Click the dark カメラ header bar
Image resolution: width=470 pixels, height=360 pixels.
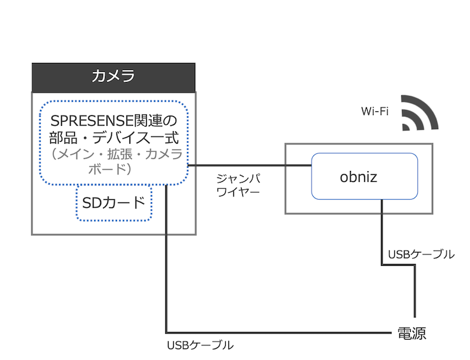pos(114,77)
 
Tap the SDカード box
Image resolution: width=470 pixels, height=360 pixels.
pos(114,203)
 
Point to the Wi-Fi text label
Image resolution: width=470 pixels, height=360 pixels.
pos(375,112)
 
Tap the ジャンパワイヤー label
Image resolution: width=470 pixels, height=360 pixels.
pos(238,185)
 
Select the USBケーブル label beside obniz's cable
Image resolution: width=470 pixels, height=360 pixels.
pos(421,254)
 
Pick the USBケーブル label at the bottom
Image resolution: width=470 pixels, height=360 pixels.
pos(200,346)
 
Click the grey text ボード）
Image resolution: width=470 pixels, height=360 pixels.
pos(114,169)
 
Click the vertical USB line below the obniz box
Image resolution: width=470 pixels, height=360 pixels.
pos(382,232)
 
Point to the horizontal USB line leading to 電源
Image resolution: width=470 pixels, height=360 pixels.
pos(280,333)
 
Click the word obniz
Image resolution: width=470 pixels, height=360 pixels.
pos(358,176)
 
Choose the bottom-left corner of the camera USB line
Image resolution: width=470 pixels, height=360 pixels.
pos(166,333)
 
